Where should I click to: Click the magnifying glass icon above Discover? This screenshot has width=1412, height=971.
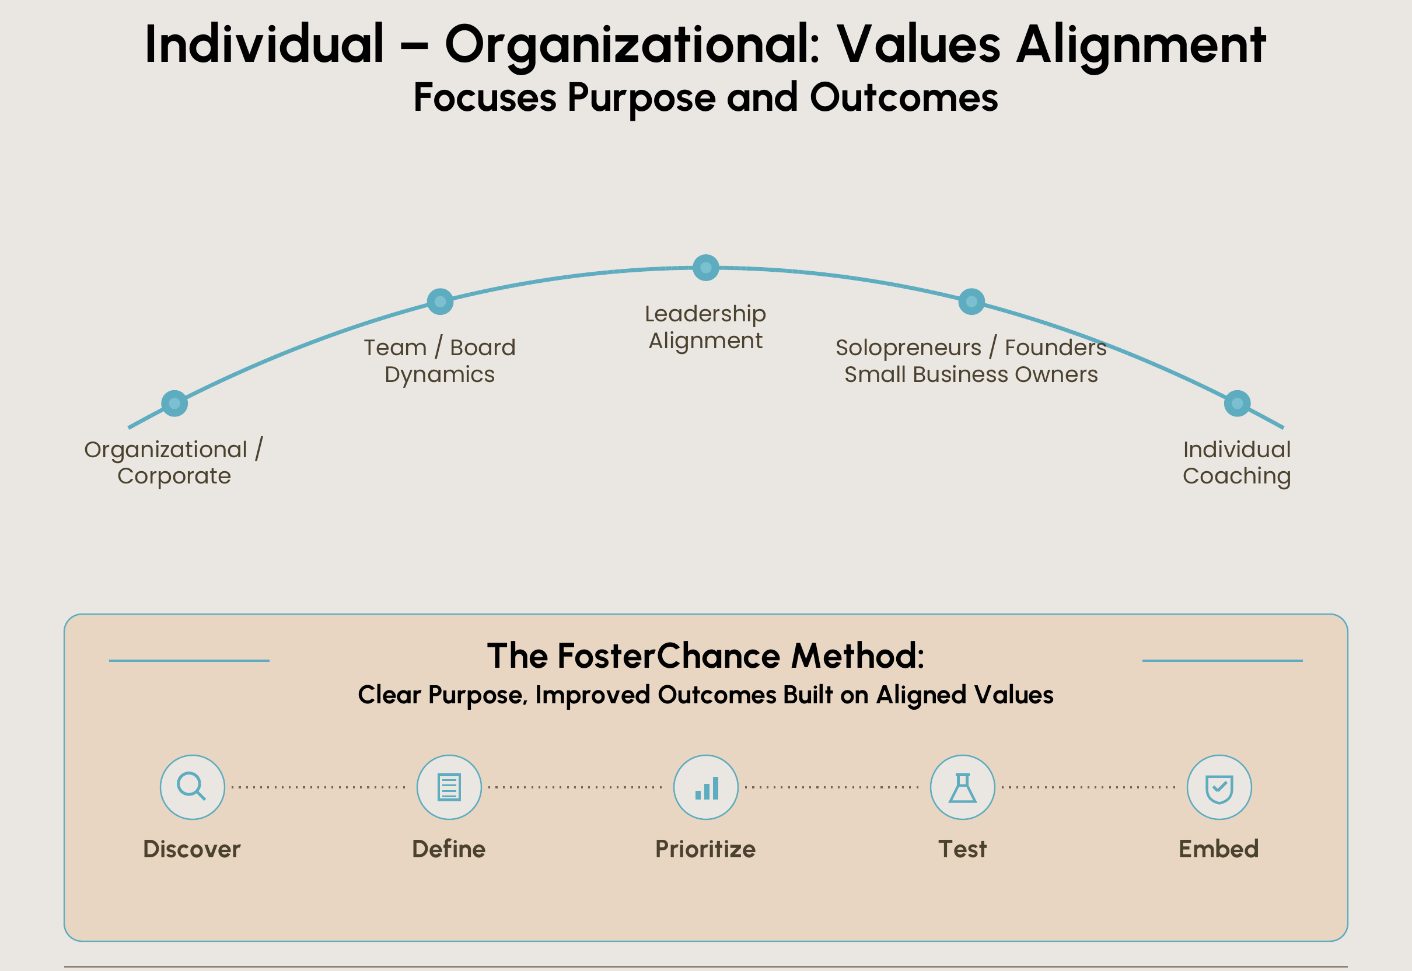coord(192,787)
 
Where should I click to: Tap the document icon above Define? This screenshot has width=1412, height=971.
coord(449,787)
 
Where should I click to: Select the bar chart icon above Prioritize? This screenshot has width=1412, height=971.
coord(706,787)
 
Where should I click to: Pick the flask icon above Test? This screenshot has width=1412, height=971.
coord(962,787)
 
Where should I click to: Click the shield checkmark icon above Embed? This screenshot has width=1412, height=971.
coord(1219,787)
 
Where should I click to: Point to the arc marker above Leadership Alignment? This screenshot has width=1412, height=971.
coord(706,268)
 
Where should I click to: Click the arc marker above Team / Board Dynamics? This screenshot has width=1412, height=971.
coord(440,301)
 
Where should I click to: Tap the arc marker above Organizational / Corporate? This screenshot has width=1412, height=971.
coord(174,403)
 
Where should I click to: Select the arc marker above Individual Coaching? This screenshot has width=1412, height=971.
coord(1237,403)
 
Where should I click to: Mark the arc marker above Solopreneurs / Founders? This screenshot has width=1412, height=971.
coord(971,301)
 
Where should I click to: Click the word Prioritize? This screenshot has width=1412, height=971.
coord(705,849)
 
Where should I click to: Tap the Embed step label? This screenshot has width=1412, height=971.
coord(1218,849)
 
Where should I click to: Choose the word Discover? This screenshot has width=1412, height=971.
coord(192,849)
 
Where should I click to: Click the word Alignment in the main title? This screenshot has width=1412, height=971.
coord(1141,44)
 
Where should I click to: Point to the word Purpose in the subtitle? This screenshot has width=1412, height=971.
coord(641,97)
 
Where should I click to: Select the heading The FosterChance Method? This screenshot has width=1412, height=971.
coord(705,656)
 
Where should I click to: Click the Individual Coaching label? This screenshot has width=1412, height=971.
coord(1237,462)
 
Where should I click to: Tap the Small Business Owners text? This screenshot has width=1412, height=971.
coord(971,374)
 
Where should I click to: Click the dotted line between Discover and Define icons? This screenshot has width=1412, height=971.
coord(319,787)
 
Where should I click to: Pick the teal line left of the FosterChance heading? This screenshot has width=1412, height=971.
coord(189,660)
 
